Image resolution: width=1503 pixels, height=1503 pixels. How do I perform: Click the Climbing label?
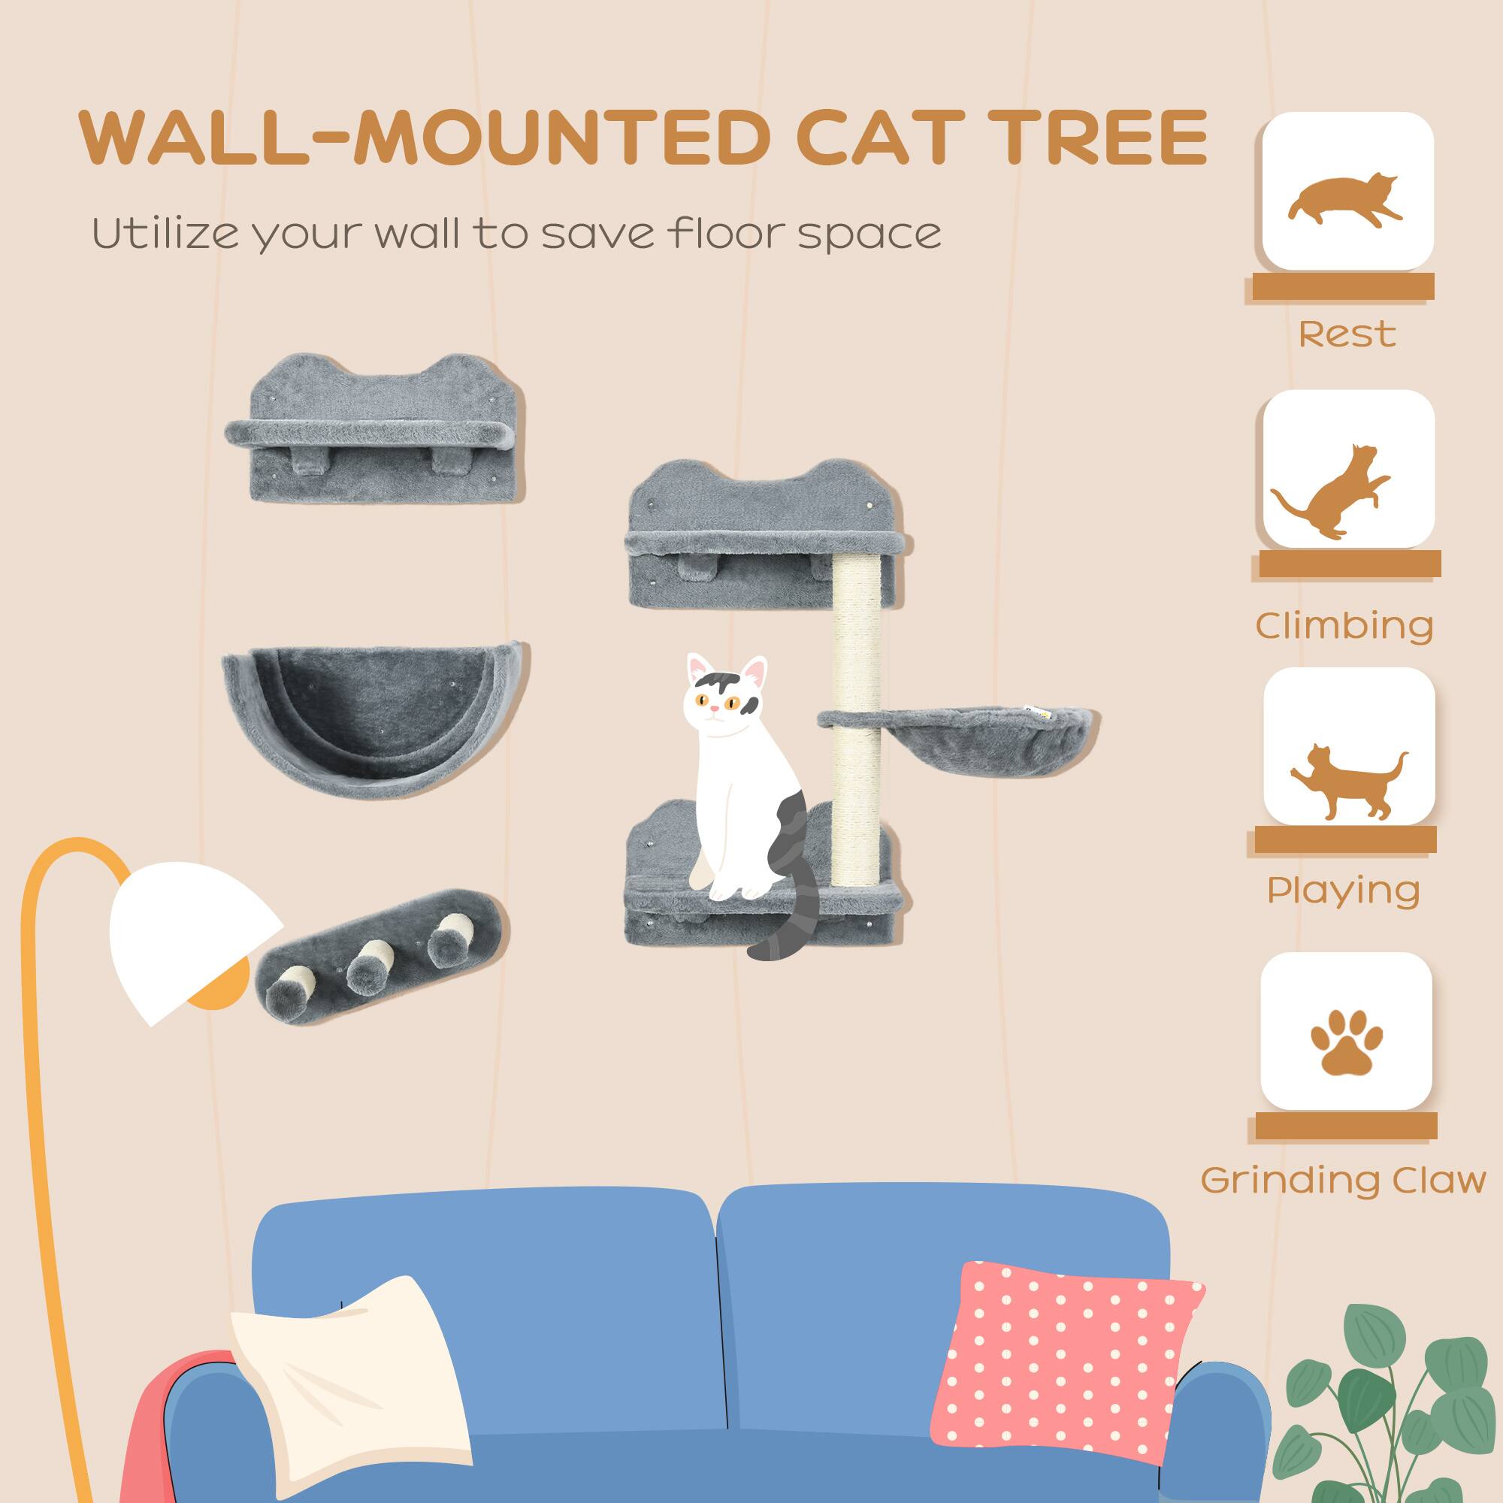tap(1344, 625)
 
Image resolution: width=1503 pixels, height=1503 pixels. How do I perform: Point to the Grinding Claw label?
tap(1343, 1180)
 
